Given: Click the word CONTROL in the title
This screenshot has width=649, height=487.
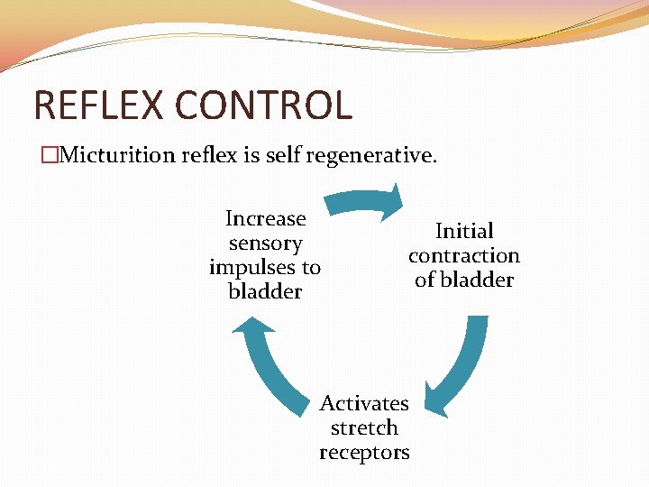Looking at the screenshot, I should click(x=263, y=105).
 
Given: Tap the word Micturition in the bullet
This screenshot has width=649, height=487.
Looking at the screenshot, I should click(x=112, y=156).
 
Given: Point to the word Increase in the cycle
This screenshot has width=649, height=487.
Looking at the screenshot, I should click(x=265, y=218).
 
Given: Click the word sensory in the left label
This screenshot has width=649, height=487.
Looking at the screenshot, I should click(x=265, y=243).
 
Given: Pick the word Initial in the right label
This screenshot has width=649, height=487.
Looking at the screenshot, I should click(x=464, y=231).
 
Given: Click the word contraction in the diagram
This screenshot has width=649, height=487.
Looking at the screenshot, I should click(x=464, y=255).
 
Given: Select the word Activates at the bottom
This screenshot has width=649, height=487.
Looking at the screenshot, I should click(x=364, y=403).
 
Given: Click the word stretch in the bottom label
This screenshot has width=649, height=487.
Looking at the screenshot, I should click(x=364, y=427).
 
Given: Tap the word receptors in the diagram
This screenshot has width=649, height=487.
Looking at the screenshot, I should click(x=364, y=452).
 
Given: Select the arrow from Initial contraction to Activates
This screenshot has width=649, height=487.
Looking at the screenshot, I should click(x=460, y=370).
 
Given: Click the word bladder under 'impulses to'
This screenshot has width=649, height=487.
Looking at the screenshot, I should click(x=265, y=291).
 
